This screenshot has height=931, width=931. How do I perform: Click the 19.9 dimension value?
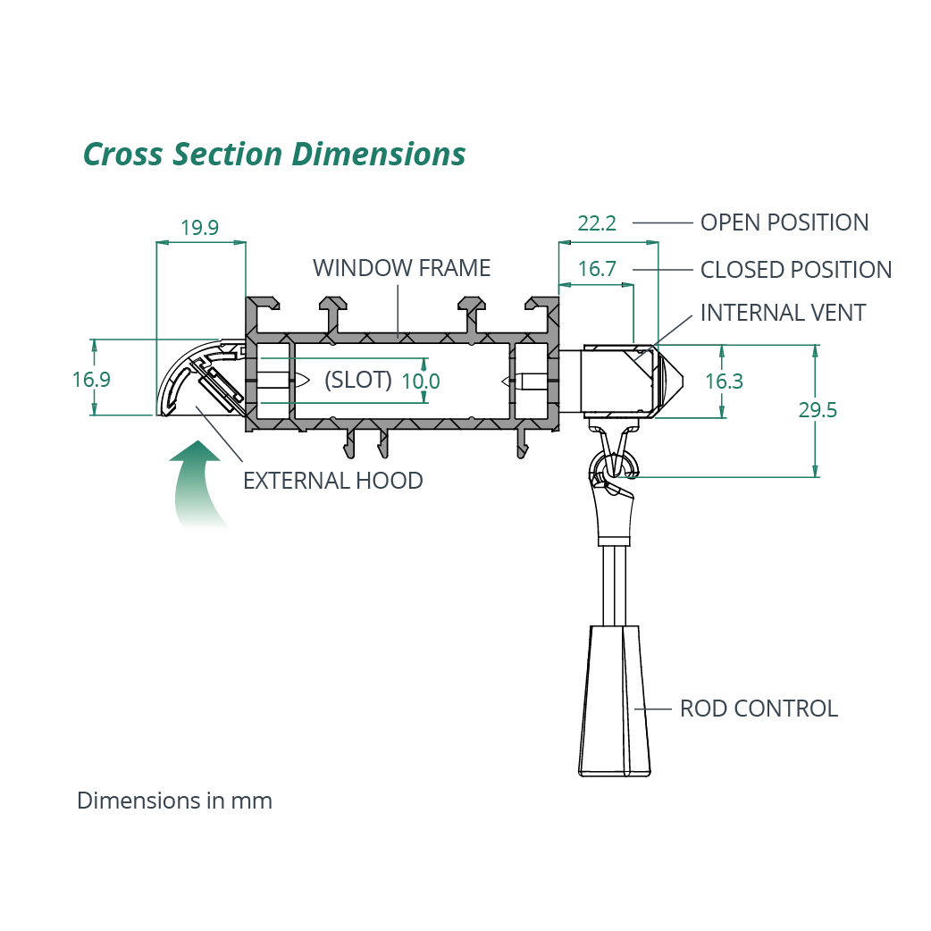click(199, 228)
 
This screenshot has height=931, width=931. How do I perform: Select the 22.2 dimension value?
click(597, 223)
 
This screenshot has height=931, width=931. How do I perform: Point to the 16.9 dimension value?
click(91, 380)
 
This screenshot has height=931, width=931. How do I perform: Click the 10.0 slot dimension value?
click(420, 382)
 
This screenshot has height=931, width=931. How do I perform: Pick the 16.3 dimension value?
click(724, 382)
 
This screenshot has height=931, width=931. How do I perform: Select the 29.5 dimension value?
click(818, 410)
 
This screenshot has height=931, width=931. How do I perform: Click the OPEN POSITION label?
click(784, 222)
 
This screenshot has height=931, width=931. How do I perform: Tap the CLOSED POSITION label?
click(795, 270)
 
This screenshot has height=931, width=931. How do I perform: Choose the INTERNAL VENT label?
click(783, 313)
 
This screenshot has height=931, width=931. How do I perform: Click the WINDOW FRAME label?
click(401, 268)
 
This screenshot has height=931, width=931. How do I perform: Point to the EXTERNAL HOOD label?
click(332, 481)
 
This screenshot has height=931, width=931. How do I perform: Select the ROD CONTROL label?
click(759, 709)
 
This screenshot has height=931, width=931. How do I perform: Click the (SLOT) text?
click(358, 380)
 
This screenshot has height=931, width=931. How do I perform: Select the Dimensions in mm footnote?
click(174, 801)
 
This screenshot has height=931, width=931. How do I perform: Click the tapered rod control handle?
click(615, 701)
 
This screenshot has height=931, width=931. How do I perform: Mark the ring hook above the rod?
click(613, 465)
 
